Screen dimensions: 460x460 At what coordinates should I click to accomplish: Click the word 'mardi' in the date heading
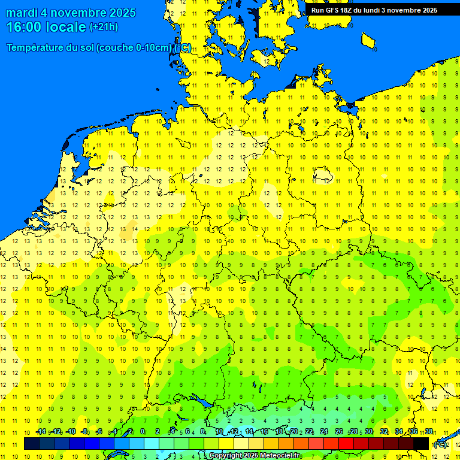coord(22,13)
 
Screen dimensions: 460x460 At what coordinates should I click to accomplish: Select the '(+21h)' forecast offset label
coord(104,27)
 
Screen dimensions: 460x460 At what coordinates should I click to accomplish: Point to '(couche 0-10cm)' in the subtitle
coord(136,48)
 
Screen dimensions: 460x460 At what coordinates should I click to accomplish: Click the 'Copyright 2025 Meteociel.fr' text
coord(255,456)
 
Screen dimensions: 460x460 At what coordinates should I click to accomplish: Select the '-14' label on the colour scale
coord(41,432)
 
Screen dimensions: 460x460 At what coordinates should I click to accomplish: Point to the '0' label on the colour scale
coord(143,432)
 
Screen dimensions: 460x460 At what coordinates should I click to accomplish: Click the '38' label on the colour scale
coord(428,432)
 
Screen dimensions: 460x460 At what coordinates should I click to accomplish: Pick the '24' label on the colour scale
coord(324,432)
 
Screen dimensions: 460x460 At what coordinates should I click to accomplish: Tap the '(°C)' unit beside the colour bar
coord(440,444)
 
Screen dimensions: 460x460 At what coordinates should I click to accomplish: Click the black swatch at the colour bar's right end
coord(421,443)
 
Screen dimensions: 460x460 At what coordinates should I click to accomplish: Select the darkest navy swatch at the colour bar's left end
coord(32,443)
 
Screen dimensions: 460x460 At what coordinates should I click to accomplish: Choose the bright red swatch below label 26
coord(346,443)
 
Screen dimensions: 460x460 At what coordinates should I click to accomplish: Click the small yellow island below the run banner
coord(368,40)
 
